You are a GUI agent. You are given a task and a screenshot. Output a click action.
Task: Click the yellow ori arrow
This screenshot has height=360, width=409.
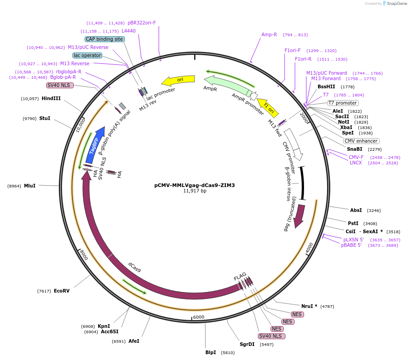pyautogui.click(x=178, y=80)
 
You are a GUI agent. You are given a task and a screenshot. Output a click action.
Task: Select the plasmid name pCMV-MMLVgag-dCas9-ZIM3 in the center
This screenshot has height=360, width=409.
pyautogui.click(x=195, y=185)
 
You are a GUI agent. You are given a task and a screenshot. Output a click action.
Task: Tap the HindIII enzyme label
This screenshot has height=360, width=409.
pyautogui.click(x=51, y=98)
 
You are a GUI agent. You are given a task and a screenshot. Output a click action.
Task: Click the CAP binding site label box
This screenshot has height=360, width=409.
pyautogui.click(x=105, y=39)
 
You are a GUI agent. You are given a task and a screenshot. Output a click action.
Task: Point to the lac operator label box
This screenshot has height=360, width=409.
pyautogui.click(x=87, y=55)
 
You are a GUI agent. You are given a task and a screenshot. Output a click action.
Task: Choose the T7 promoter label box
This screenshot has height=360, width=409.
pyautogui.click(x=342, y=103)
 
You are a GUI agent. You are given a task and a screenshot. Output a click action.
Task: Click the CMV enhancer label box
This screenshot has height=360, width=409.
pyautogui.click(x=361, y=141)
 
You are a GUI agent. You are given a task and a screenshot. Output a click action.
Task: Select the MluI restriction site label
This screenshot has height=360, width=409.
pyautogui.click(x=30, y=186)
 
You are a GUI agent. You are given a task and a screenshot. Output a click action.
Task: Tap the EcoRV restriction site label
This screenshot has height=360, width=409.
pyautogui.click(x=62, y=291)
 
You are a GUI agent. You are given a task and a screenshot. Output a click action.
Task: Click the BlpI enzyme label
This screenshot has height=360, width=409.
pyautogui.click(x=211, y=352)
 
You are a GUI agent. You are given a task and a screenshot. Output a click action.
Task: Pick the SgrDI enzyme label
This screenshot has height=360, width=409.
pyautogui.click(x=247, y=344)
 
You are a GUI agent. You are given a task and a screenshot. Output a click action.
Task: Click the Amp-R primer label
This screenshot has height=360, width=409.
pyautogui.click(x=269, y=34)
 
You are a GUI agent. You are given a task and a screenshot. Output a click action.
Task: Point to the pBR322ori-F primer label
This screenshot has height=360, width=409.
pyautogui.click(x=142, y=23)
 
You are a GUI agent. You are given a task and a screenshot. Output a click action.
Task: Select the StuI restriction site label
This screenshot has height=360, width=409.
pyautogui.click(x=45, y=119)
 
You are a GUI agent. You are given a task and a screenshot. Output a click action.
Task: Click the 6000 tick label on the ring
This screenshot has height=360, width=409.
pyautogui.click(x=199, y=317)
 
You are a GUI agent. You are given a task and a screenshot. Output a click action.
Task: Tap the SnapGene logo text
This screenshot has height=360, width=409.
pyautogui.click(x=396, y=4)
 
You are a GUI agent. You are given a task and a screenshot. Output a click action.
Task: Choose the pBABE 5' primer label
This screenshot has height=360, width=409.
pyautogui.click(x=352, y=245)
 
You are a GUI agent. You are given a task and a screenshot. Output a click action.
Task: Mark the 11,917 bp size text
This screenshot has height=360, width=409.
pyautogui.click(x=195, y=191)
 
